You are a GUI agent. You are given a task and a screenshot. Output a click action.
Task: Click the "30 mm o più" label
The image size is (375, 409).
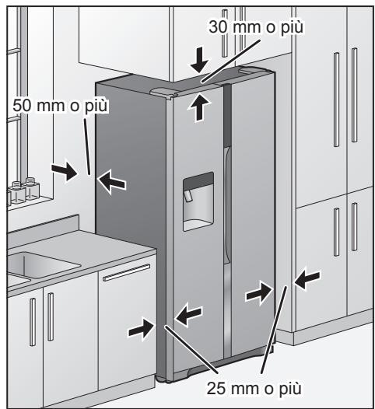click(256, 27)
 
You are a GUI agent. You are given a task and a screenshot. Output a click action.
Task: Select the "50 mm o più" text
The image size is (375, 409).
click(60, 104)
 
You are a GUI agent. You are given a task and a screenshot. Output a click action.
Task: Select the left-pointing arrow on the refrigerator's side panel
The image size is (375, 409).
click(114, 181)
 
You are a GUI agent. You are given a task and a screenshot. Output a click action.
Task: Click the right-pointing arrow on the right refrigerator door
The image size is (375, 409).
click(258, 292)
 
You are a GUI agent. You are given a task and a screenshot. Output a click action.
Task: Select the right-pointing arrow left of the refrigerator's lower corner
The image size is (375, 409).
click(142, 329)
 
